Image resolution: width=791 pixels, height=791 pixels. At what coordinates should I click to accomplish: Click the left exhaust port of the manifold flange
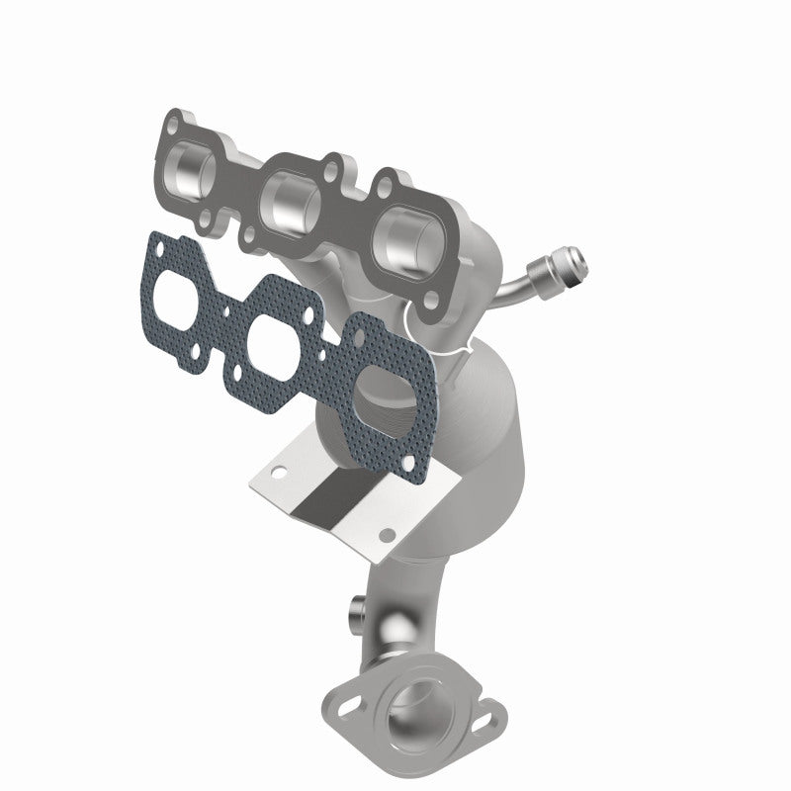coord(195,163)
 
